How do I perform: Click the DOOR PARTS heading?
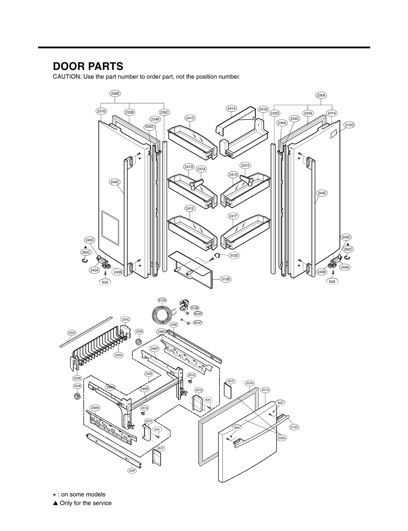click(88, 66)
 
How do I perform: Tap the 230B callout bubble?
click(115, 94)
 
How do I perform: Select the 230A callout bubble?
click(321, 95)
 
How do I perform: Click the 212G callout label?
click(349, 125)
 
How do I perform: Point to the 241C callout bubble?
click(190, 118)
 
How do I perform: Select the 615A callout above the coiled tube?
click(162, 301)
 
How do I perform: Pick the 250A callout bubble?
click(72, 333)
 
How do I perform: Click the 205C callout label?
click(125, 319)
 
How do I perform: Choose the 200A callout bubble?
click(282, 438)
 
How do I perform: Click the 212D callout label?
click(294, 427)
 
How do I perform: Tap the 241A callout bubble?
click(231, 108)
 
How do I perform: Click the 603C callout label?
click(198, 323)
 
